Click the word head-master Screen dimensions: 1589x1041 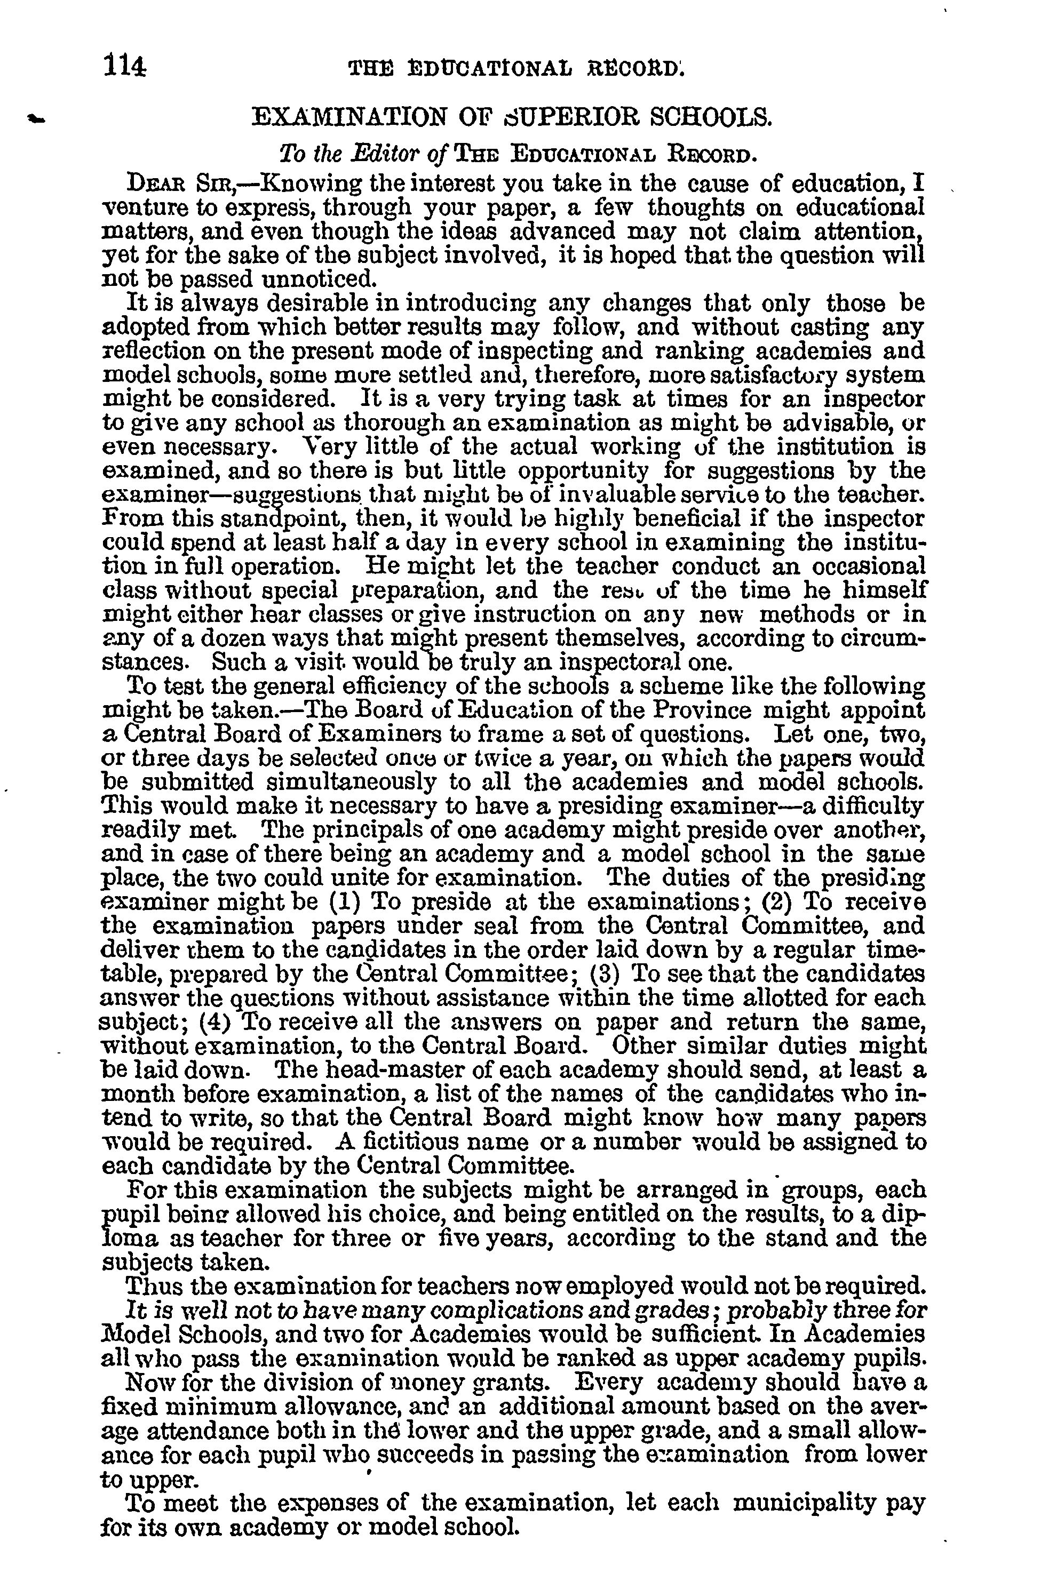pyautogui.click(x=387, y=1070)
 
